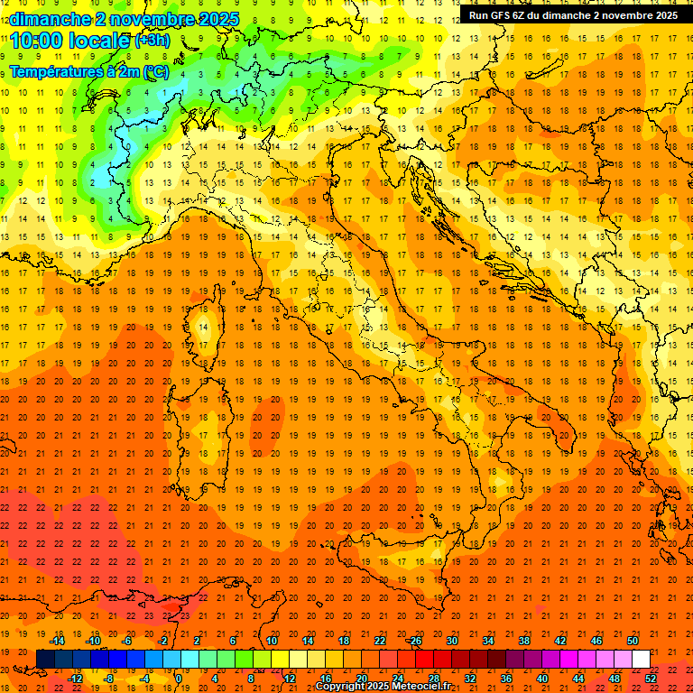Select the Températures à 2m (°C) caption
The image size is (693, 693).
[x=88, y=71]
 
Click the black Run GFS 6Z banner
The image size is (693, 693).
[x=573, y=15]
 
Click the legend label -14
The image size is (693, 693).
[x=58, y=641]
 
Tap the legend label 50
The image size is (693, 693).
[x=633, y=641]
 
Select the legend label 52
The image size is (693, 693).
[x=651, y=678]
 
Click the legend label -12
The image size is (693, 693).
[x=76, y=678]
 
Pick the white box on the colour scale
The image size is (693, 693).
[x=641, y=659]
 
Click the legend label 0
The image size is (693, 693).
[x=180, y=678]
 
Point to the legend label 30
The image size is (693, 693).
[x=452, y=641]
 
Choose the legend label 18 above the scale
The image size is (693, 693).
[x=344, y=641]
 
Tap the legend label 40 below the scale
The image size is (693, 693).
[x=542, y=678]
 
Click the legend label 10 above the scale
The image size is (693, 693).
[x=272, y=641]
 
